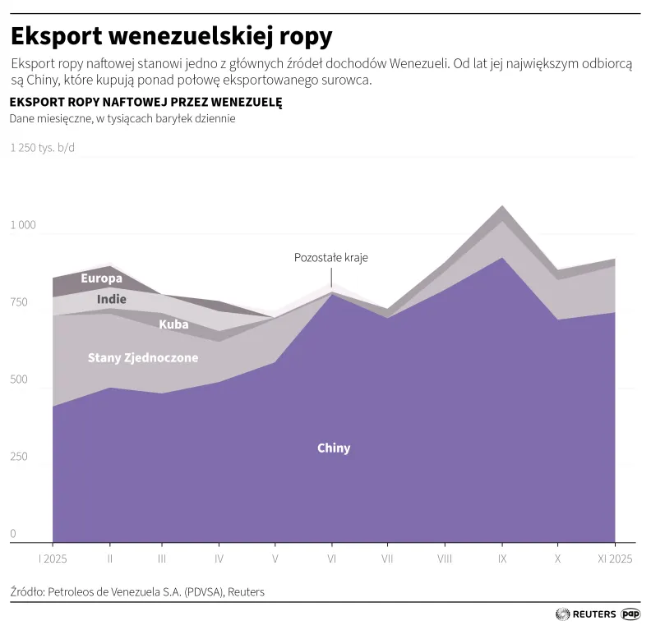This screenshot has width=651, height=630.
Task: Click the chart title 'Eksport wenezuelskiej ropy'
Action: (171, 37)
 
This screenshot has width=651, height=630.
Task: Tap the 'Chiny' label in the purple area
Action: (334, 448)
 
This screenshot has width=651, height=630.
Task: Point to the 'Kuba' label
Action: (173, 324)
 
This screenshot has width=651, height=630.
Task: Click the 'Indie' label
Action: (111, 299)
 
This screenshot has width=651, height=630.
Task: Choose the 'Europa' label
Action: (101, 278)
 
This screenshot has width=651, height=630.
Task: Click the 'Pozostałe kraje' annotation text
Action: (331, 257)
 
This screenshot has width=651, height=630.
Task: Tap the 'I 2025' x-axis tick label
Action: (53, 559)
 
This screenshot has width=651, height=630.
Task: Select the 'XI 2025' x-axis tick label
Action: (614, 559)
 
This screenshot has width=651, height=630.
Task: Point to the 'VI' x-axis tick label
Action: (331, 559)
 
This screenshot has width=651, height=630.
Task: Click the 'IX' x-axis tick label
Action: (501, 559)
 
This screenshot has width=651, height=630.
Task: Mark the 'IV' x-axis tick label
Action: (219, 559)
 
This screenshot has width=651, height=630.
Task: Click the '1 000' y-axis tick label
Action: (23, 225)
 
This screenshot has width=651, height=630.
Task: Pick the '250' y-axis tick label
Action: (19, 457)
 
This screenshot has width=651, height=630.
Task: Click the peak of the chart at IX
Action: (501, 206)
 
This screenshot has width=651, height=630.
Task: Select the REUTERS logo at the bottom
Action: (585, 614)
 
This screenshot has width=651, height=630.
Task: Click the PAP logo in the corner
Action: (630, 614)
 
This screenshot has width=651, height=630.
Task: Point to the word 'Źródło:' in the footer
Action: (28, 591)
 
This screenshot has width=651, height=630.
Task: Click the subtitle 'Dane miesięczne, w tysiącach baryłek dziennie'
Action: (122, 118)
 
